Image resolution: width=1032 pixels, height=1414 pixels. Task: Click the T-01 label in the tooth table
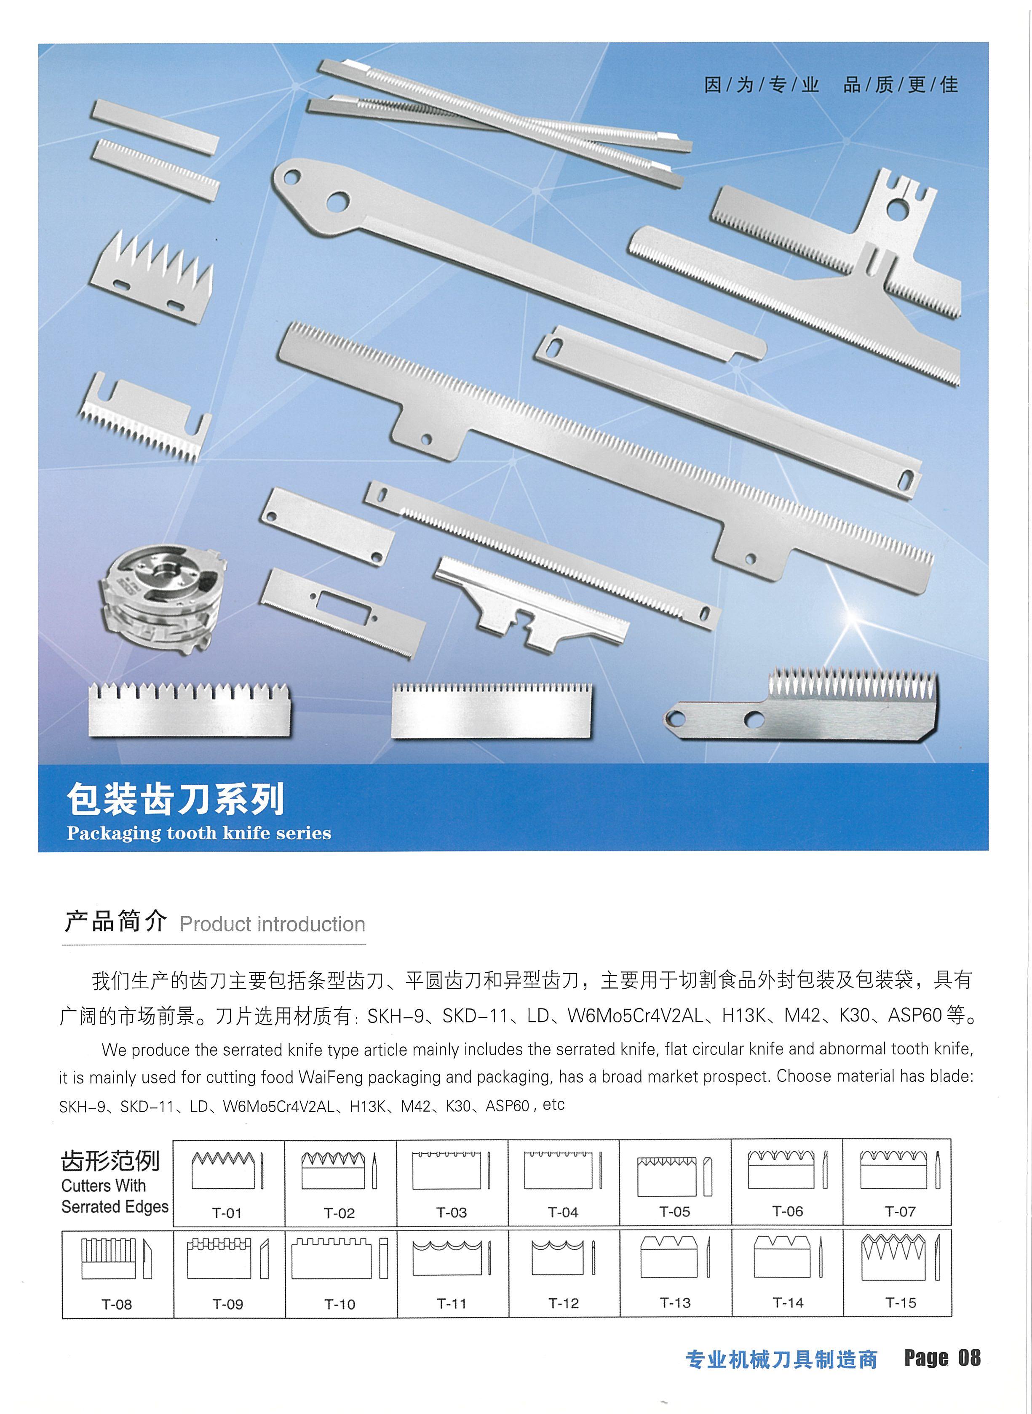(x=226, y=1213)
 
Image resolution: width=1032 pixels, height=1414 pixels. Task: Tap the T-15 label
(x=900, y=1302)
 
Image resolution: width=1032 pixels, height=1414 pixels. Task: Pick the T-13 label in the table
(x=675, y=1302)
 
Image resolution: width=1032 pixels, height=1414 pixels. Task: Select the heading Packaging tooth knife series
(x=199, y=833)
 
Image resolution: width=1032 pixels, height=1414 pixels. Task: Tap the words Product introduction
(x=273, y=924)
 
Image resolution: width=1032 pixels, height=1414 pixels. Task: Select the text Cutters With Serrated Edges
(x=115, y=1196)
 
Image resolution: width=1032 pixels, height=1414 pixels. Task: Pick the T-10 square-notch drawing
(x=340, y=1258)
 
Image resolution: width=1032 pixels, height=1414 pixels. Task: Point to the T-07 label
(x=900, y=1211)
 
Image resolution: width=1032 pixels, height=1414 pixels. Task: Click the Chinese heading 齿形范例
(x=110, y=1161)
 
